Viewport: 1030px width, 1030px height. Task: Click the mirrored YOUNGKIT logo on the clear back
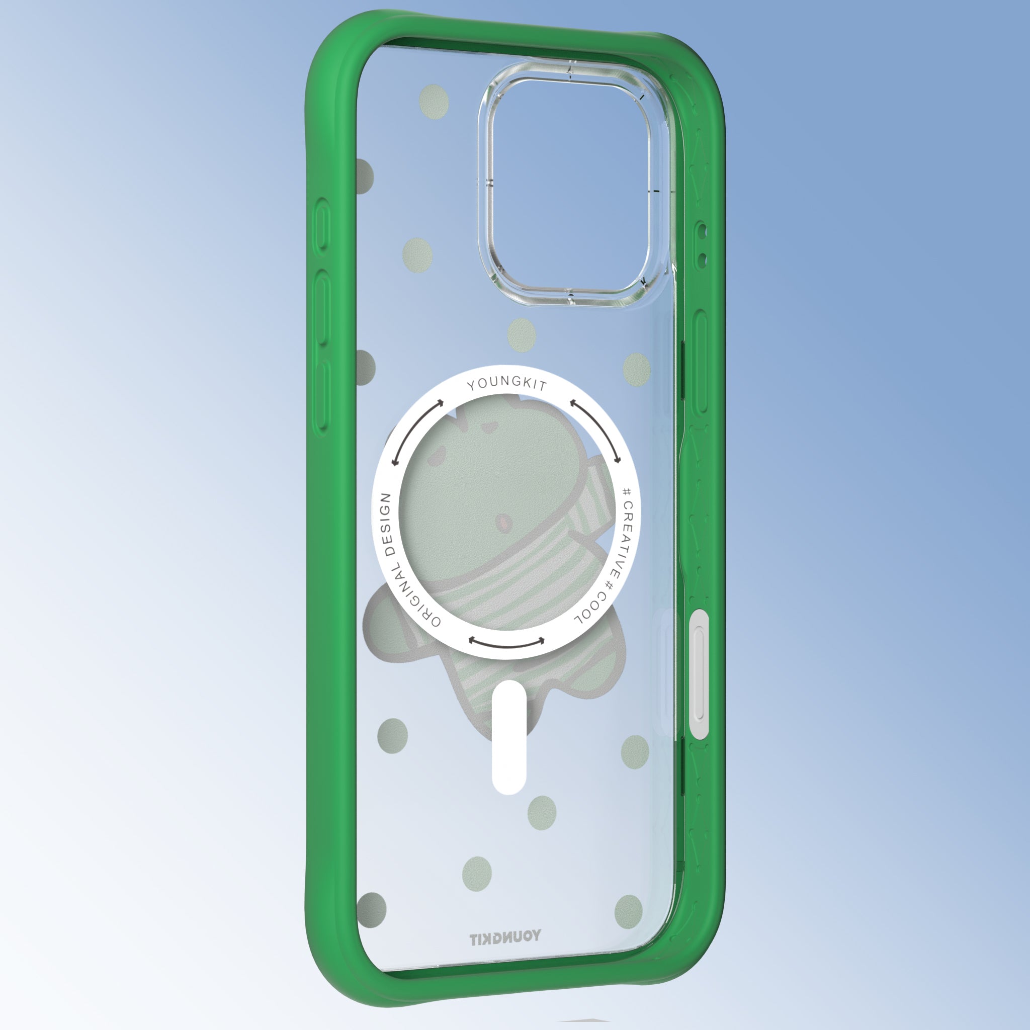(x=504, y=938)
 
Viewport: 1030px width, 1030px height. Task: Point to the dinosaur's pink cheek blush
(x=501, y=522)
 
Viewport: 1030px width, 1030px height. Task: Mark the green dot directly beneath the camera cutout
(x=521, y=335)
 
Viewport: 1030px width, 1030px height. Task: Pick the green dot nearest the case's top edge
(x=434, y=101)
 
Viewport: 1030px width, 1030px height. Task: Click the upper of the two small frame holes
(x=702, y=231)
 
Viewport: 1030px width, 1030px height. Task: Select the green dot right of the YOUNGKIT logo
(x=629, y=912)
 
